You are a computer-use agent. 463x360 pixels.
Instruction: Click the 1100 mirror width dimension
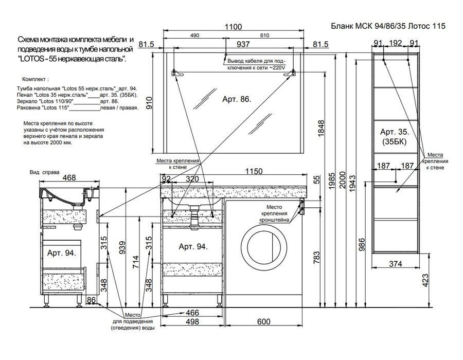(233, 27)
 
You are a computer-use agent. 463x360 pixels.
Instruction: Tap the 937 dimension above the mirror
(243, 44)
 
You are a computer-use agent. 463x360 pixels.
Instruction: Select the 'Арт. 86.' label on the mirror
(237, 99)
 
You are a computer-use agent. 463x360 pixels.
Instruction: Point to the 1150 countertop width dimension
(254, 171)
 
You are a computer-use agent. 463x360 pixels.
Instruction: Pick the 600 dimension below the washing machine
(263, 321)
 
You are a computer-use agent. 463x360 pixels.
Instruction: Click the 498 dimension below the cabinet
(192, 321)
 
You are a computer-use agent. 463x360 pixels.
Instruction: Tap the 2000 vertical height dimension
(343, 180)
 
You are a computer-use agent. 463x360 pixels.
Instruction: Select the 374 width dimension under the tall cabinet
(396, 263)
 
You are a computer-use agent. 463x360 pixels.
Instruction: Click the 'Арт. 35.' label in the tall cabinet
(395, 132)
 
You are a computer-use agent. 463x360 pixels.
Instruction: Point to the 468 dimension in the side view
(69, 177)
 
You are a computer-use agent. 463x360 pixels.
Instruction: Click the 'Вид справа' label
(44, 172)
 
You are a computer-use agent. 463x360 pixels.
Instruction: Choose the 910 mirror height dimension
(150, 103)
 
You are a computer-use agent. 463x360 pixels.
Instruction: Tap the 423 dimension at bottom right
(425, 280)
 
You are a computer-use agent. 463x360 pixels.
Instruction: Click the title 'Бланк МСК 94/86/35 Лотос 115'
(388, 26)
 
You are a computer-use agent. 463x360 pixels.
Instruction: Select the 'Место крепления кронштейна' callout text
(274, 213)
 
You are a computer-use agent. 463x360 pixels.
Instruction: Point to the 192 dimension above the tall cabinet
(396, 43)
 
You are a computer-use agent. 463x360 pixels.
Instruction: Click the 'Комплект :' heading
(35, 79)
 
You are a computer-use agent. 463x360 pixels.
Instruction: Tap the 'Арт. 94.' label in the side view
(62, 253)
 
